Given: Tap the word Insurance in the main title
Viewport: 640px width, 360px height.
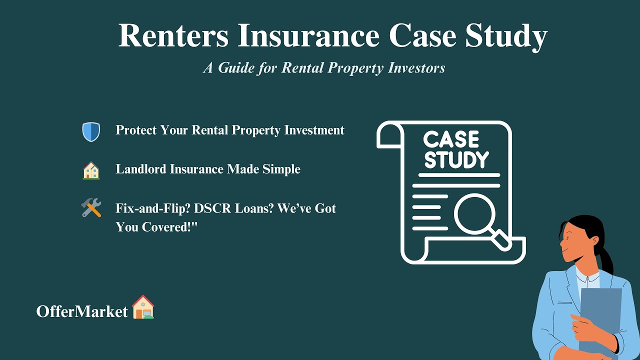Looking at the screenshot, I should point(308,36).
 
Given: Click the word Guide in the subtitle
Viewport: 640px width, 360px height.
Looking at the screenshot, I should point(236,68).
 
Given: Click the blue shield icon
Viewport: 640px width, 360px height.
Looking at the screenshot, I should point(91,132).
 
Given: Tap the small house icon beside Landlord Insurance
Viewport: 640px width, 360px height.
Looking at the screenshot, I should point(91,170).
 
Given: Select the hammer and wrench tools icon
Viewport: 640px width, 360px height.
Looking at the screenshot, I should point(91,207).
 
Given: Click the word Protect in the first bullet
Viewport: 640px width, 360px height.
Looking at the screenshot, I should point(135,130).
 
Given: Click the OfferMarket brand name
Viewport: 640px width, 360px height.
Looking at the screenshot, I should point(82,311).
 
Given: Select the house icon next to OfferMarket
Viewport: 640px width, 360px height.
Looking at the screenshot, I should point(143,307).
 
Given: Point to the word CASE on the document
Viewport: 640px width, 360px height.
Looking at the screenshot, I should point(451,139).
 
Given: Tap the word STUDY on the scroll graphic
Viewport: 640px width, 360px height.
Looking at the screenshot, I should point(456,160).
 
